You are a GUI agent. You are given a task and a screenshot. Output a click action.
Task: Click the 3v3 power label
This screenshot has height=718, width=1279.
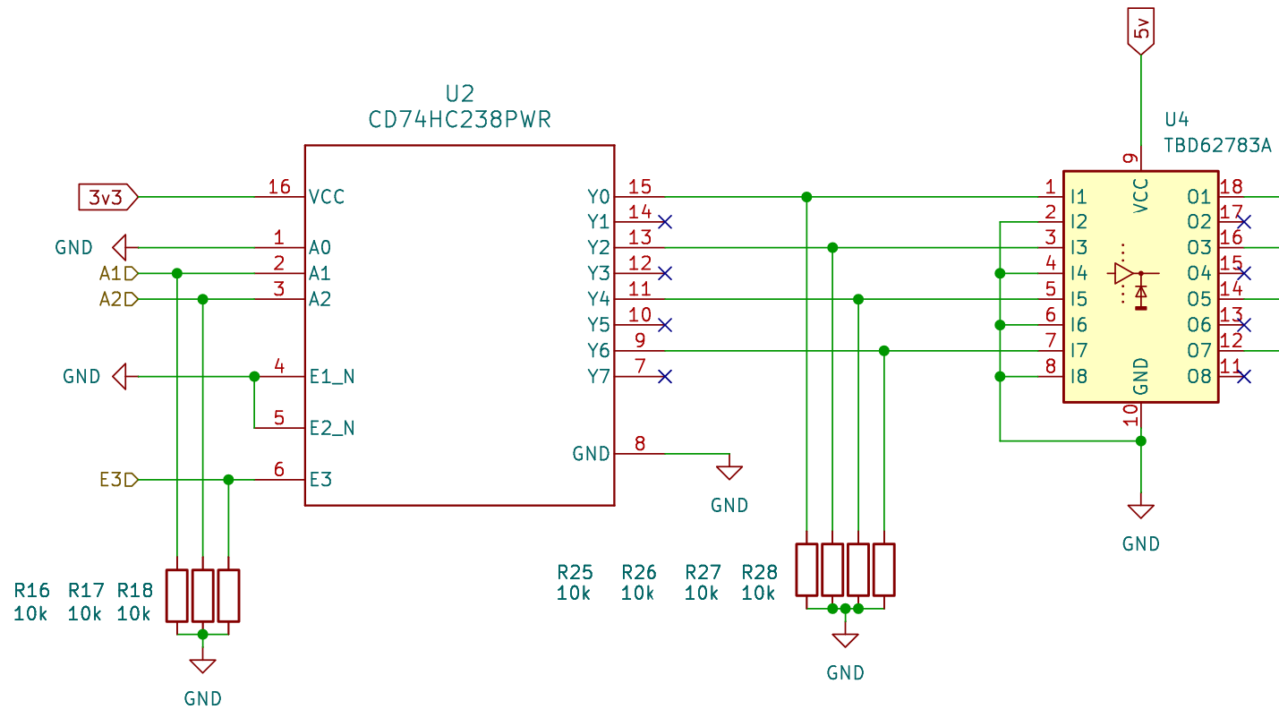pyautogui.click(x=108, y=197)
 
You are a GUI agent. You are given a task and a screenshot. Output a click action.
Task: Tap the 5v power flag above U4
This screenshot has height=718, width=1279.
pyautogui.click(x=1141, y=30)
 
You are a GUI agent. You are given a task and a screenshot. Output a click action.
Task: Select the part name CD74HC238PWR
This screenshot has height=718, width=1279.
pyautogui.click(x=460, y=120)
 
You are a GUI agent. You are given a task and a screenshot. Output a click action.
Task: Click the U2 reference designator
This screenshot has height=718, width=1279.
pyautogui.click(x=460, y=93)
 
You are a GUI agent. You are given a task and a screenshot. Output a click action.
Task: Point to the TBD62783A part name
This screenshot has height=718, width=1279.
pyautogui.click(x=1217, y=146)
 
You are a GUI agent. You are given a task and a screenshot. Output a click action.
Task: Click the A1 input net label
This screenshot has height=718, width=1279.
pyautogui.click(x=118, y=274)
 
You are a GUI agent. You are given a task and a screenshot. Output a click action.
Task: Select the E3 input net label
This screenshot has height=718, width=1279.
pyautogui.click(x=118, y=479)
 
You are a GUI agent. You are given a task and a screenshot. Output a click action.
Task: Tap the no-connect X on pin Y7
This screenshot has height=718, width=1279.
pyautogui.click(x=665, y=376)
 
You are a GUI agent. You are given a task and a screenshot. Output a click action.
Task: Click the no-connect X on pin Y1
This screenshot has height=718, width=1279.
pyautogui.click(x=665, y=222)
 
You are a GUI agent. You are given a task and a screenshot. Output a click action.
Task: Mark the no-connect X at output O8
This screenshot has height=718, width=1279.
pyautogui.click(x=1243, y=376)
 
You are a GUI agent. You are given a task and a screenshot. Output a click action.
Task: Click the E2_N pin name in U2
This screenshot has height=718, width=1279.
pyautogui.click(x=332, y=428)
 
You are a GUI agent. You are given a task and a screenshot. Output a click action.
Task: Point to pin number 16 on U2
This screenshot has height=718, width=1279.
pyautogui.click(x=279, y=186)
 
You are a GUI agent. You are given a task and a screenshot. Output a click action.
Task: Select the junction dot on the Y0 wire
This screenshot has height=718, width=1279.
pyautogui.click(x=806, y=197)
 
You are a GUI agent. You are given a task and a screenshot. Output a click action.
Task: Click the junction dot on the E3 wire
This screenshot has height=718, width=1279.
pyautogui.click(x=228, y=480)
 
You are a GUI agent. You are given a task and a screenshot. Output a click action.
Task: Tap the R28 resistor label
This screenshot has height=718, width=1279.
pyautogui.click(x=759, y=572)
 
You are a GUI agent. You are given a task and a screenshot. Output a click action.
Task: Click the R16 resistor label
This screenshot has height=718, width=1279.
pyautogui.click(x=31, y=590)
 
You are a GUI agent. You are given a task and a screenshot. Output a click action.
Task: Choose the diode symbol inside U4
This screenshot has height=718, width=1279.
pyautogui.click(x=1141, y=294)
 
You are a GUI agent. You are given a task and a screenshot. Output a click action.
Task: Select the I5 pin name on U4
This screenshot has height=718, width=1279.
pyautogui.click(x=1079, y=299)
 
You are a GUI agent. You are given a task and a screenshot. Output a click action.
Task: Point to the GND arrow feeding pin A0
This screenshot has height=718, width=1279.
pyautogui.click(x=119, y=247)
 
